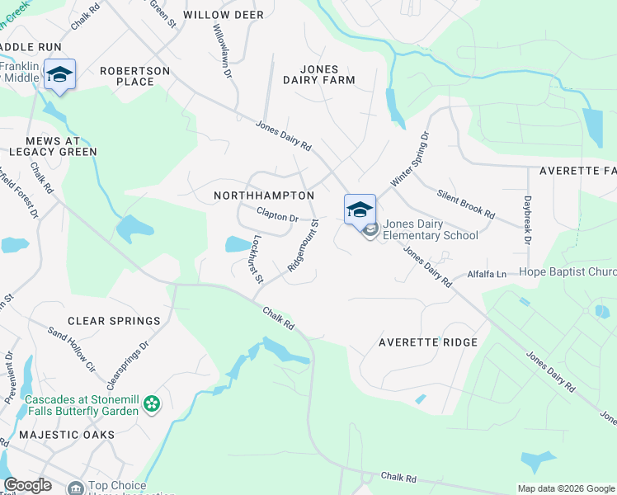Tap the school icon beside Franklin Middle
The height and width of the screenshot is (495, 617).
(59, 74)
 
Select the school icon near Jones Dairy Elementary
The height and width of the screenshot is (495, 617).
(360, 210)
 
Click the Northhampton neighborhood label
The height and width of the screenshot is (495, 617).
(264, 196)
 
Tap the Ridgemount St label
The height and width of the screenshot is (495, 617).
(302, 245)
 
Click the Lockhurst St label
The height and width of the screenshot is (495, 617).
(257, 259)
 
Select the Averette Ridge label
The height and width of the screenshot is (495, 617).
(428, 342)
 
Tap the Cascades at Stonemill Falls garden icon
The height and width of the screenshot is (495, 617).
(152, 404)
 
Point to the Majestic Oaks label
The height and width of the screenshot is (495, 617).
(67, 434)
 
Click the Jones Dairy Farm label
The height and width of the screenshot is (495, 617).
(318, 74)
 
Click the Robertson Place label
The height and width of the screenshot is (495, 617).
(135, 76)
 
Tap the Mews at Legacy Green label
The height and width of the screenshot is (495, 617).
(49, 146)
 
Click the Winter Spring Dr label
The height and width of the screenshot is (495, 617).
(411, 158)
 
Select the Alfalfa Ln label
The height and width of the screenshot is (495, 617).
(487, 273)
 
